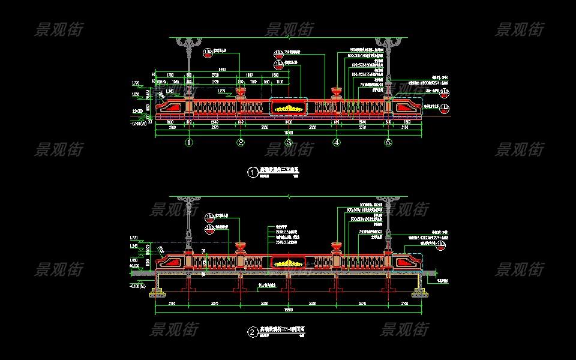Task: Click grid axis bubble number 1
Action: [x=189, y=143]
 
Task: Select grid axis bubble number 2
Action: [x=240, y=143]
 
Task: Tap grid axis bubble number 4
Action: [x=336, y=143]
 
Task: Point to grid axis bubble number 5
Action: [x=388, y=143]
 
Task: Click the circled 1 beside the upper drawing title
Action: [x=252, y=172]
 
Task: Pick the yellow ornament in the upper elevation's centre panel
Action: [x=288, y=108]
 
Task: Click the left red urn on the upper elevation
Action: [x=241, y=92]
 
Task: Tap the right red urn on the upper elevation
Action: [x=336, y=92]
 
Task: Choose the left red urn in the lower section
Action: [x=241, y=247]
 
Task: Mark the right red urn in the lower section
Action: [x=336, y=247]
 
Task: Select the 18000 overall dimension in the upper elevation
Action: [x=289, y=132]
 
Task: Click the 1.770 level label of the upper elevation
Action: [x=135, y=82]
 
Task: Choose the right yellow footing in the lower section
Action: [x=418, y=294]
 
